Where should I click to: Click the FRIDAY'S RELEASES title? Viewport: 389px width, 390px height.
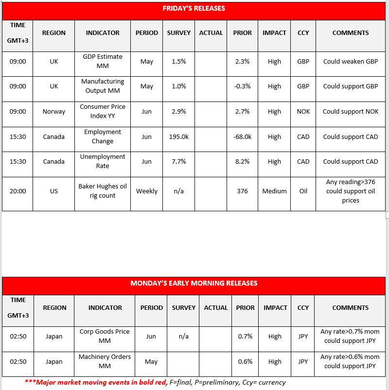click(x=194, y=9)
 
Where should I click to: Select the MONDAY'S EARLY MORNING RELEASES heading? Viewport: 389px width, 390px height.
click(x=194, y=283)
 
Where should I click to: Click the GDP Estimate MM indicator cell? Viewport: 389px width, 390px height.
click(x=103, y=61)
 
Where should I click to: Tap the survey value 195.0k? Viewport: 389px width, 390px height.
click(x=179, y=136)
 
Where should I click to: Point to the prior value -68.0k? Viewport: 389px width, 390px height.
click(x=242, y=136)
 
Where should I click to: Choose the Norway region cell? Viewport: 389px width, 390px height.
click(x=53, y=111)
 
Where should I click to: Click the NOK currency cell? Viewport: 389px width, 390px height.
click(x=303, y=111)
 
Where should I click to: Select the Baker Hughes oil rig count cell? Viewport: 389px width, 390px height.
click(x=103, y=191)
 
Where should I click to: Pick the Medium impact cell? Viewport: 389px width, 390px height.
click(x=274, y=191)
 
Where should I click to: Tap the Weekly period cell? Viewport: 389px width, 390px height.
click(x=147, y=191)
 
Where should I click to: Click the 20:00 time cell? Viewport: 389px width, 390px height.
click(x=18, y=191)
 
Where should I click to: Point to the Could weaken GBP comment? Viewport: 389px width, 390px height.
click(x=350, y=62)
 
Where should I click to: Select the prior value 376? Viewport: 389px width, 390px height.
click(x=242, y=191)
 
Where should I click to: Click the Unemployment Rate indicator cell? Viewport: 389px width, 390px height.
click(x=103, y=161)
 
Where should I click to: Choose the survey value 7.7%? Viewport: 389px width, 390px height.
click(x=179, y=161)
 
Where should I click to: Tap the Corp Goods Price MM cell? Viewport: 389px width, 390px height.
click(x=105, y=336)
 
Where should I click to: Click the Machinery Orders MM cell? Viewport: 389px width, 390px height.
click(x=105, y=361)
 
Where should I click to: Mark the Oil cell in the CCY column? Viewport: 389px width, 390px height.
click(x=303, y=191)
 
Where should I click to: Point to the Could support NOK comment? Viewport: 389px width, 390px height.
click(x=350, y=111)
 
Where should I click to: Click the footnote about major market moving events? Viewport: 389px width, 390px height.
click(x=155, y=382)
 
